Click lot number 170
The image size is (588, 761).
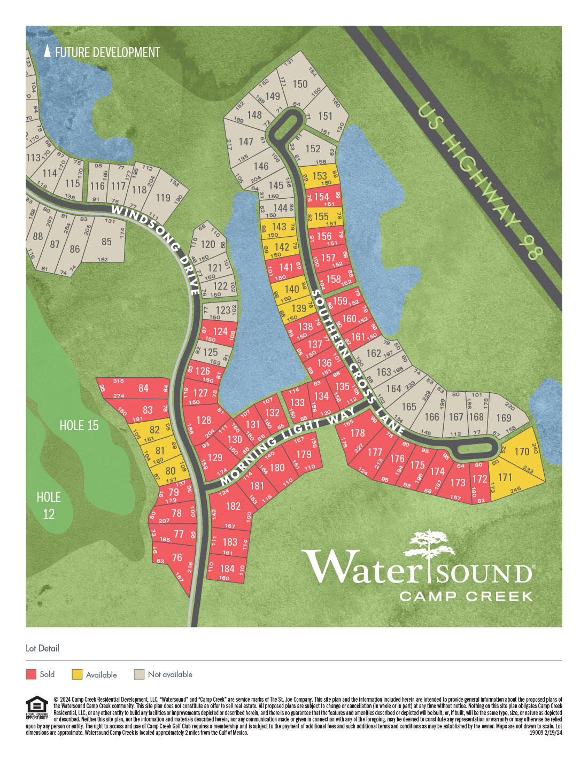pyautogui.click(x=522, y=452)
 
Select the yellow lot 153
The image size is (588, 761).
pyautogui.click(x=320, y=176)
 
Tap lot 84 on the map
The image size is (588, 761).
pyautogui.click(x=143, y=388)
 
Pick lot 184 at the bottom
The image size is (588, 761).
pyautogui.click(x=227, y=569)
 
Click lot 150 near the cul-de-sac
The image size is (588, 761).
pyautogui.click(x=300, y=84)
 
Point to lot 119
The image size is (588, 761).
pyautogui.click(x=163, y=198)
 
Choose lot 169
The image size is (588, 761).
pyautogui.click(x=504, y=417)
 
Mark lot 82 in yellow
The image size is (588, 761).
pyautogui.click(x=154, y=430)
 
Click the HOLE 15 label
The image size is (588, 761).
pyautogui.click(x=79, y=425)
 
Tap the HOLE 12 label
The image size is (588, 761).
pyautogui.click(x=49, y=505)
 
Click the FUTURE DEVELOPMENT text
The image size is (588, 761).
pyautogui.click(x=107, y=52)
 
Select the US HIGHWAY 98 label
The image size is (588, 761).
pyautogui.click(x=478, y=180)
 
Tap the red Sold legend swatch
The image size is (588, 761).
pyautogui.click(x=31, y=674)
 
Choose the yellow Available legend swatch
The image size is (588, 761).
pyautogui.click(x=77, y=674)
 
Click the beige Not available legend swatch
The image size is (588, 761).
pyautogui.click(x=139, y=674)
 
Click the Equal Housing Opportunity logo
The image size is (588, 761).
pyautogui.click(x=37, y=708)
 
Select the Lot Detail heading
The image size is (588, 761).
pyautogui.click(x=42, y=648)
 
